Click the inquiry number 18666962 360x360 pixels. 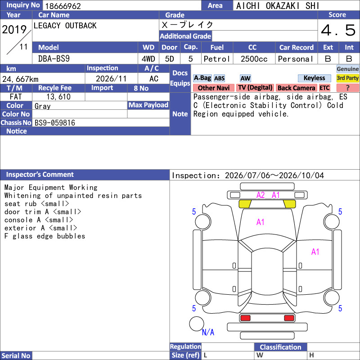63,6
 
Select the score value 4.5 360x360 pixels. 338,30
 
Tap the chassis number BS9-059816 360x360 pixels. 55,123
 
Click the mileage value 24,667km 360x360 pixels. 20,79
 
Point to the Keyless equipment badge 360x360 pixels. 314,78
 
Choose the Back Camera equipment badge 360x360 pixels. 296,88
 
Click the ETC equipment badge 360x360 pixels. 324,88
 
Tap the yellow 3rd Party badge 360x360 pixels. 347,78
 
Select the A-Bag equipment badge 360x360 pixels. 202,78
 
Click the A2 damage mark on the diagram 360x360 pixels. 261,195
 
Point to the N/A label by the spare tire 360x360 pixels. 208,332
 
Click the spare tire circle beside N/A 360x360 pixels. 197,324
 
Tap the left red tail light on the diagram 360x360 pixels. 245,318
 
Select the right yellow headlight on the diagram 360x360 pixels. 289,204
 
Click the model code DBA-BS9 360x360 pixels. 54,59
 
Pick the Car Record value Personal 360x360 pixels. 296,59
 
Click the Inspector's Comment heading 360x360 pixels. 40,175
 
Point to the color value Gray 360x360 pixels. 42,106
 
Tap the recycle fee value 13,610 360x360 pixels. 58,97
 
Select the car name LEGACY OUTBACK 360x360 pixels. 65,26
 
